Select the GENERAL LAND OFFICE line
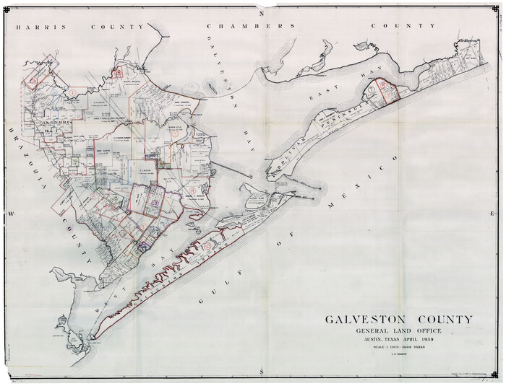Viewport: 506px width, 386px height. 398,330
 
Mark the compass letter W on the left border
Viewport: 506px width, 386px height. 11,214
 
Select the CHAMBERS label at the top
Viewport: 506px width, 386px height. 250,26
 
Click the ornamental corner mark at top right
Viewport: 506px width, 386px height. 494,10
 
